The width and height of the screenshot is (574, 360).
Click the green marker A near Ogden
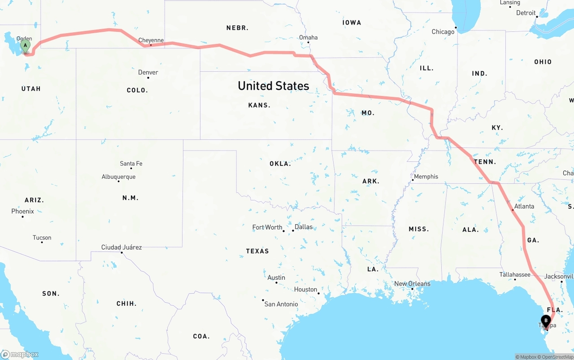click(x=26, y=45)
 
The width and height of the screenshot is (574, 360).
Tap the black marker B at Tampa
click(x=546, y=321)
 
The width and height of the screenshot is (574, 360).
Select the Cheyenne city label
click(x=151, y=40)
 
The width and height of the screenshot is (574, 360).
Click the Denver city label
click(x=148, y=72)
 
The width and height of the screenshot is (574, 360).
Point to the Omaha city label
click(x=308, y=37)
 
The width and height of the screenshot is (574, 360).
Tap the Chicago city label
click(x=443, y=32)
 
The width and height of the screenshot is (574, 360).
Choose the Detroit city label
click(x=526, y=13)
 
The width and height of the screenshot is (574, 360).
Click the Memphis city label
click(x=426, y=177)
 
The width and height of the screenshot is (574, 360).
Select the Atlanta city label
click(x=524, y=206)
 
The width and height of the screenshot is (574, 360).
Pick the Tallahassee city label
click(x=515, y=275)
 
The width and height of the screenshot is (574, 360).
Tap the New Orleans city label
click(x=412, y=284)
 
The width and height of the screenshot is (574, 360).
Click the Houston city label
click(x=306, y=290)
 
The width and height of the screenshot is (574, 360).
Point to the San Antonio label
click(x=281, y=304)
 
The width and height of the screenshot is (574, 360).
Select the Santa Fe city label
click(x=131, y=164)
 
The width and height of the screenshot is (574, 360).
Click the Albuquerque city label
click(x=118, y=177)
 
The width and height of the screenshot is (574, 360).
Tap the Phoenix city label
click(x=22, y=211)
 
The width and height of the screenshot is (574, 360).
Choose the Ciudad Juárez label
click(x=122, y=247)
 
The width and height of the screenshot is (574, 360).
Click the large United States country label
click(x=273, y=86)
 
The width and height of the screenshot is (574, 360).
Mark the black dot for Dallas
click(x=293, y=231)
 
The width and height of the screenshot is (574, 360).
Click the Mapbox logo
click(x=20, y=354)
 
